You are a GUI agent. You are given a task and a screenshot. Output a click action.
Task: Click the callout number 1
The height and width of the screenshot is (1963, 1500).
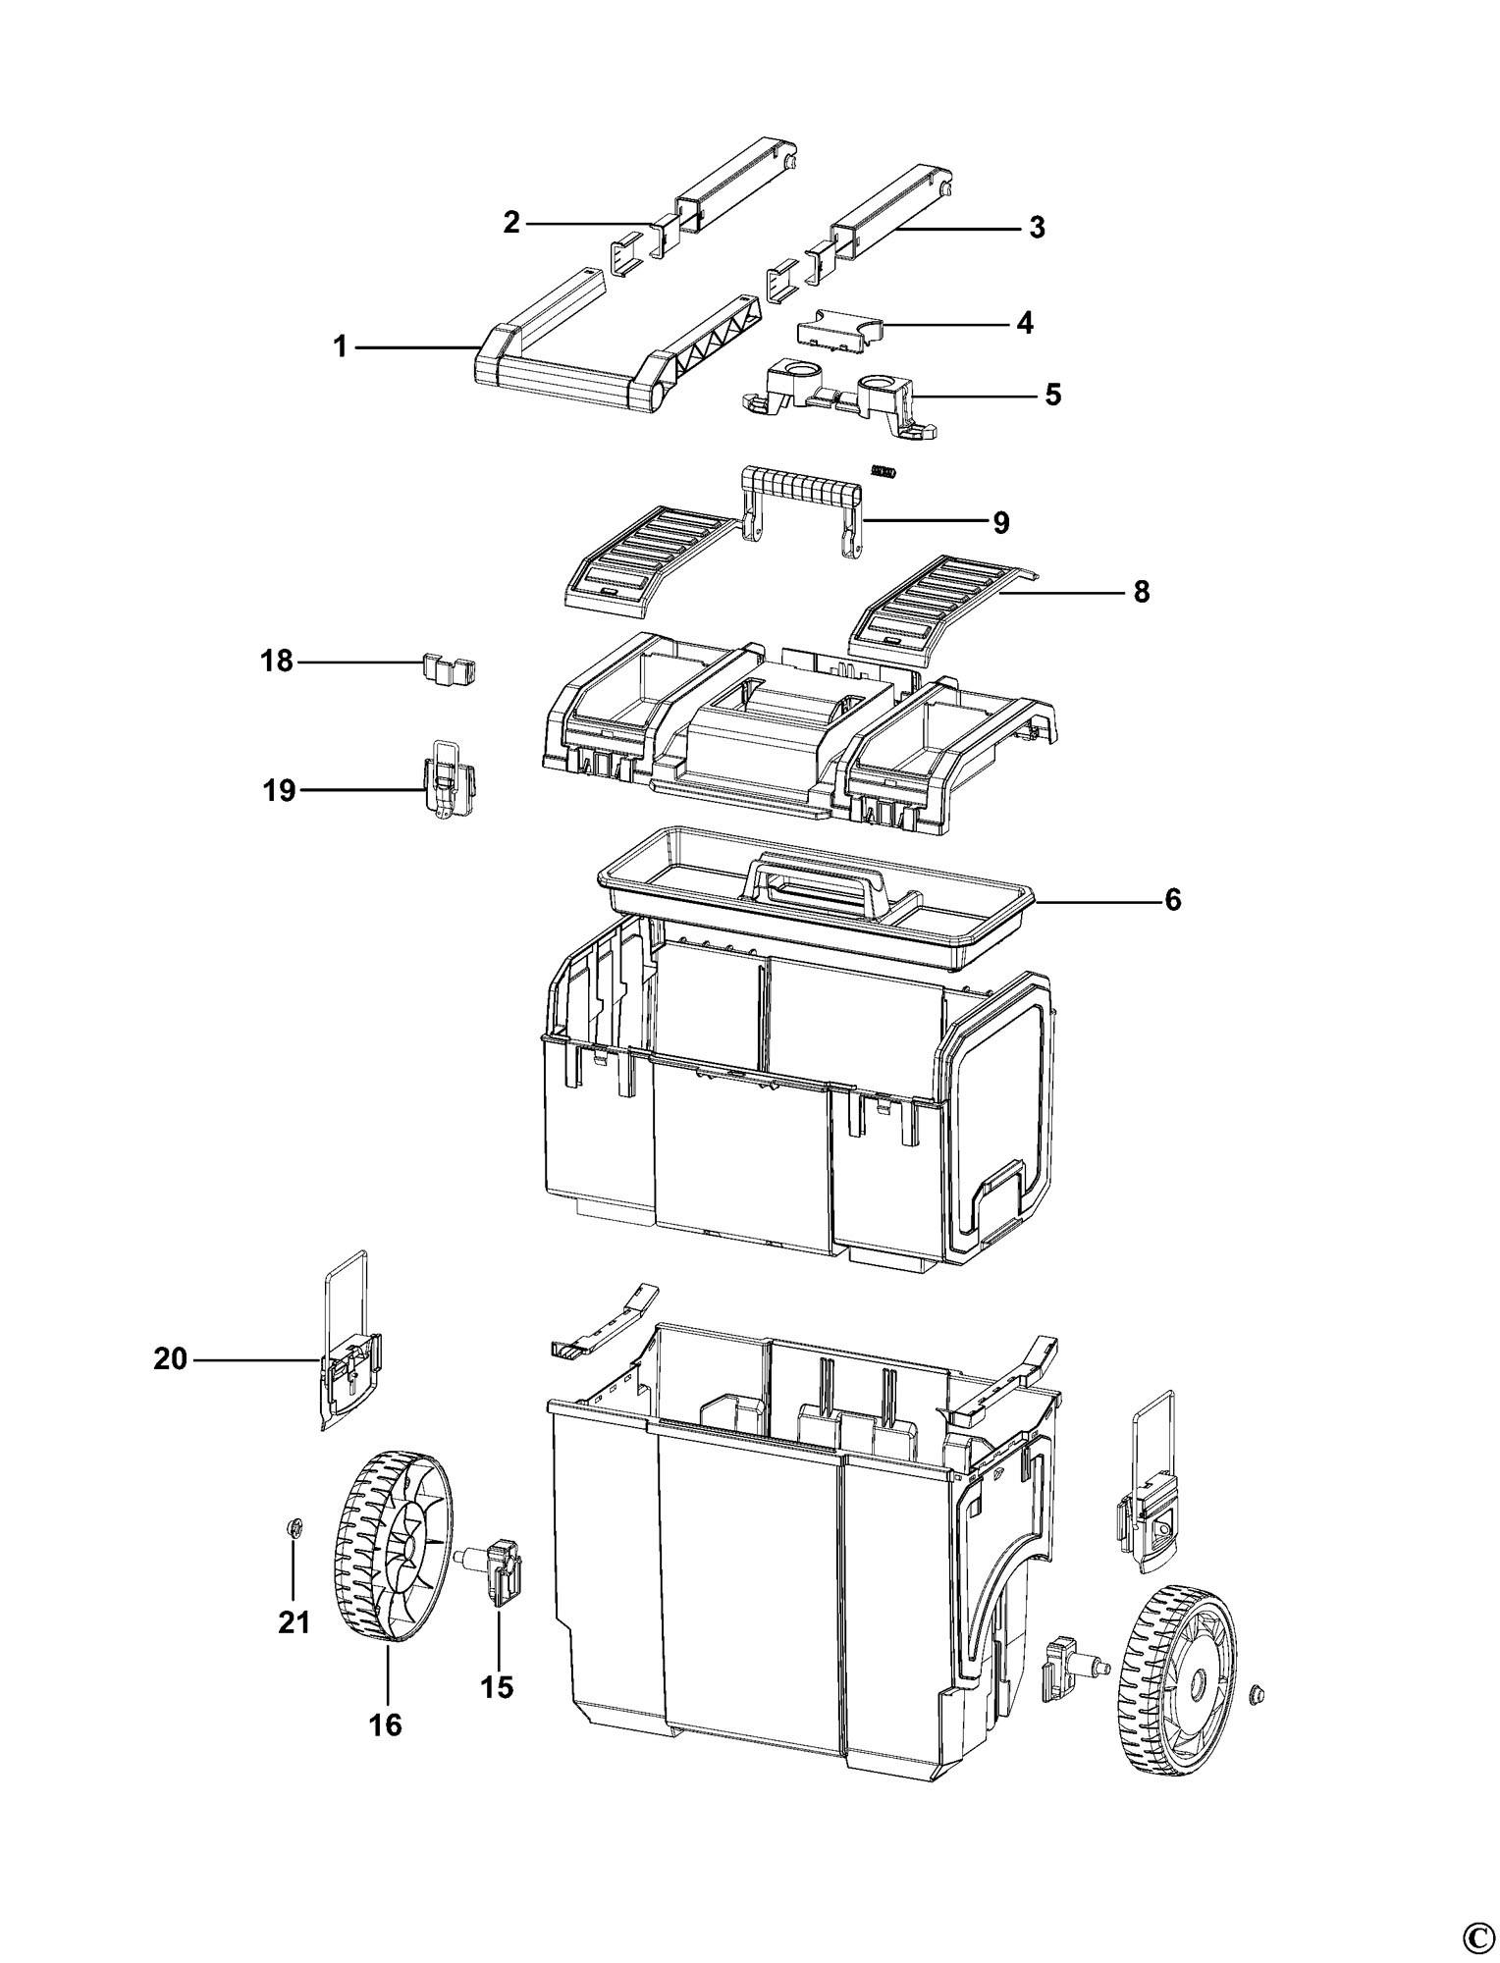tap(341, 347)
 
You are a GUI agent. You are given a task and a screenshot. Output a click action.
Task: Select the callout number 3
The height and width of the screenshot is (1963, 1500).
tap(1037, 229)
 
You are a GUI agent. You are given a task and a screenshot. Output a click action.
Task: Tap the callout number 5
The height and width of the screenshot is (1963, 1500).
tap(1052, 395)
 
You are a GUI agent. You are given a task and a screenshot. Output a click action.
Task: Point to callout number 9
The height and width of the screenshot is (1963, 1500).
tap(1000, 522)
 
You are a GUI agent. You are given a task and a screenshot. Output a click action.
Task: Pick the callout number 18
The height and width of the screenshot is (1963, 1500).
tap(278, 662)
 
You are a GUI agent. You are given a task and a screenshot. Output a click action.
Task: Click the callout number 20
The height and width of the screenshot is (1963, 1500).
tap(171, 1359)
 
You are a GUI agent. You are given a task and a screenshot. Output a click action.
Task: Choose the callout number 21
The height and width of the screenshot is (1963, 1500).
tap(294, 1622)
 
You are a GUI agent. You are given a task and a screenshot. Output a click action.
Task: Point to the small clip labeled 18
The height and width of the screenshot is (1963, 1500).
tap(449, 669)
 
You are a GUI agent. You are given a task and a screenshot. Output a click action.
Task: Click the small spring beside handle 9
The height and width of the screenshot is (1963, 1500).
tap(885, 472)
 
